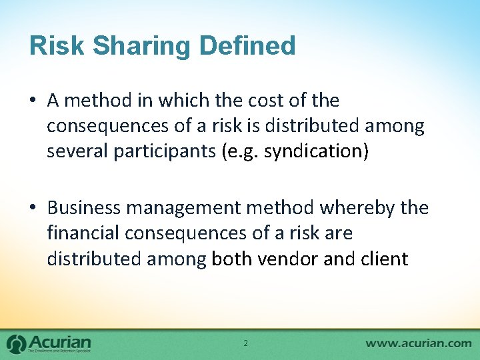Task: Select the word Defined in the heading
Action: point(247,45)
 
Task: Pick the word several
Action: point(77,151)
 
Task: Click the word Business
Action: point(84,208)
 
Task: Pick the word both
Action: point(230,259)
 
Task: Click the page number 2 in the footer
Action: point(245,343)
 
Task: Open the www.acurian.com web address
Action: point(418,343)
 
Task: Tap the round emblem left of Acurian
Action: point(17,343)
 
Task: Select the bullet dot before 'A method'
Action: point(33,101)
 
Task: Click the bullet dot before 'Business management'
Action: point(33,209)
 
